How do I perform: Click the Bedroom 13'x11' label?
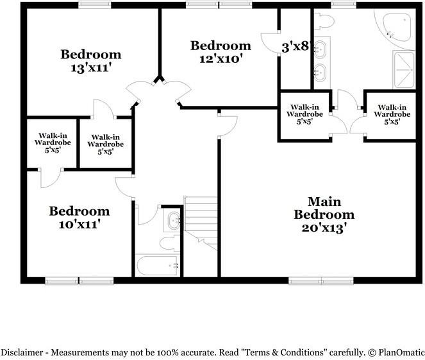pyautogui.click(x=90, y=60)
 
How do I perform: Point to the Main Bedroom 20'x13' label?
pyautogui.click(x=323, y=214)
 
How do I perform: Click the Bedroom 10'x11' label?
pyautogui.click(x=79, y=218)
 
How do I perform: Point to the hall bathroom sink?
pyautogui.click(x=172, y=221)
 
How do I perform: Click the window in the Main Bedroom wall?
pyautogui.click(x=321, y=280)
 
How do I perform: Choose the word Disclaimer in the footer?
pyautogui.click(x=21, y=352)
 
